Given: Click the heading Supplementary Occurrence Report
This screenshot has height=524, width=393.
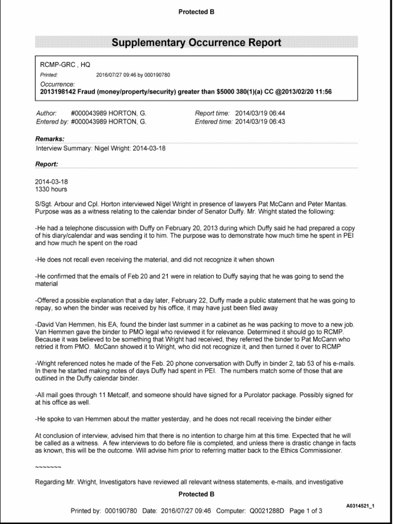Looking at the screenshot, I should [x=196, y=42].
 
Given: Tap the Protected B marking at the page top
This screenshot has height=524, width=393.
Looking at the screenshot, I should [x=196, y=12].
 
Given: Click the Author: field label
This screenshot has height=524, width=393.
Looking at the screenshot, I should [x=46, y=113].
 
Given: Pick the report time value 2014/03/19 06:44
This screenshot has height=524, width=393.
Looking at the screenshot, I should [x=260, y=113].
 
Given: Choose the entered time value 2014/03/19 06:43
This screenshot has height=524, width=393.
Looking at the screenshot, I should [x=260, y=122].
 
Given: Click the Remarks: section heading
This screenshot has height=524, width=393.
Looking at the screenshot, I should [x=50, y=139].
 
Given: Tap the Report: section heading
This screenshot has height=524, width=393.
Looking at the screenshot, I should [x=47, y=164].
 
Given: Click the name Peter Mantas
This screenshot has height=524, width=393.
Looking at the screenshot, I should [x=333, y=203].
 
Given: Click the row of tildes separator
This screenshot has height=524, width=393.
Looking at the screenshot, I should [x=48, y=467].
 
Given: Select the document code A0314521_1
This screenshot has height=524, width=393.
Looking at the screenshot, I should [x=360, y=506].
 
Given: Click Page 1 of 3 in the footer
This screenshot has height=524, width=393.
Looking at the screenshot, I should [x=305, y=511].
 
